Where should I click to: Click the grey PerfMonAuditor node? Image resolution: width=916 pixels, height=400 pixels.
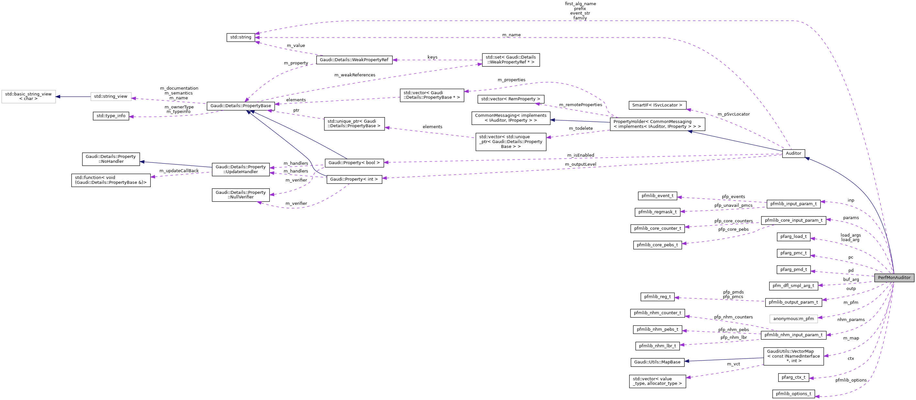(894, 278)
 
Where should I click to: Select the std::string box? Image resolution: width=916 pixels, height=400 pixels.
(240, 37)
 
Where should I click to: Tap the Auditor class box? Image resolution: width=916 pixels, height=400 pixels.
(793, 153)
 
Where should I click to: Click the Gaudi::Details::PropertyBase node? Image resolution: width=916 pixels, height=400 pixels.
(240, 106)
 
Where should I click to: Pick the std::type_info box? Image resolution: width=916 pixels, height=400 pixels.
(111, 116)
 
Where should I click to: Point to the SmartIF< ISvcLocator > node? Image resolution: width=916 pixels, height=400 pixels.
(657, 105)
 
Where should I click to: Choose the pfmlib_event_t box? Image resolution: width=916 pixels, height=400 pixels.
(657, 196)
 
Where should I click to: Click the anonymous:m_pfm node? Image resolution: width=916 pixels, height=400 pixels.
(793, 319)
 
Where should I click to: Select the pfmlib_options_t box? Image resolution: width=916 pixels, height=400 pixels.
(793, 394)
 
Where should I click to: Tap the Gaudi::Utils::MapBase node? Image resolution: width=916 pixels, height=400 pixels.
(657, 362)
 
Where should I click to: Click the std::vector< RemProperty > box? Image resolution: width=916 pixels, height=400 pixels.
(510, 99)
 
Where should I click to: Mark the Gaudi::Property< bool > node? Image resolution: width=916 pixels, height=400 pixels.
(354, 163)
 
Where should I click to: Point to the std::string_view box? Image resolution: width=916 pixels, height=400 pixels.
(111, 96)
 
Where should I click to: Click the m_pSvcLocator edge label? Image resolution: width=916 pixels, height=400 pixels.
(733, 114)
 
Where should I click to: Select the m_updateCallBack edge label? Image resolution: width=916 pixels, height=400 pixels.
(179, 171)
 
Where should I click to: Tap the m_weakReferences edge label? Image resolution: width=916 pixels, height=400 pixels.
(354, 75)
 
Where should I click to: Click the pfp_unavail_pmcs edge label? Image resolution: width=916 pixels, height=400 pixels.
(733, 205)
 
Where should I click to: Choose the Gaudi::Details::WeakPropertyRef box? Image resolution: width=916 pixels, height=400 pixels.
(354, 60)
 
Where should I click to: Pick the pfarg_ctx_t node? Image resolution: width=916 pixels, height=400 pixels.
(793, 377)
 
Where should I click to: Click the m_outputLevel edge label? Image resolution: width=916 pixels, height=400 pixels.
(580, 164)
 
